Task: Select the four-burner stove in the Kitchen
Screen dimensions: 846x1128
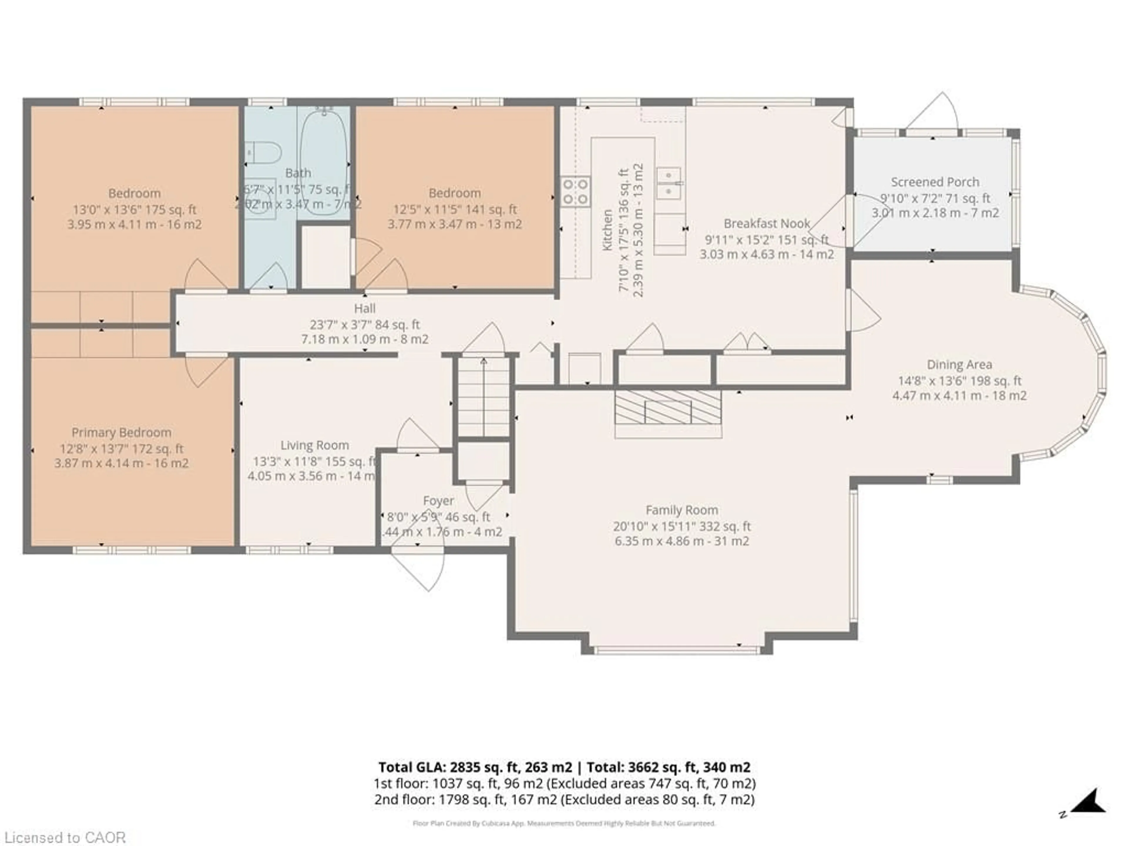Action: [576, 191]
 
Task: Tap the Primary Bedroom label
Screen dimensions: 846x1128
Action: [121, 432]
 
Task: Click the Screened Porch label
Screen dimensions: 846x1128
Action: [935, 182]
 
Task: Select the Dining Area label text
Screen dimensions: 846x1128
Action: [959, 365]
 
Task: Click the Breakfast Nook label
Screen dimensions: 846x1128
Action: [766, 223]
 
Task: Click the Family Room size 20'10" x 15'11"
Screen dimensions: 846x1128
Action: [682, 526]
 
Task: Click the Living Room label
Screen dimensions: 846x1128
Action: [315, 445]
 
